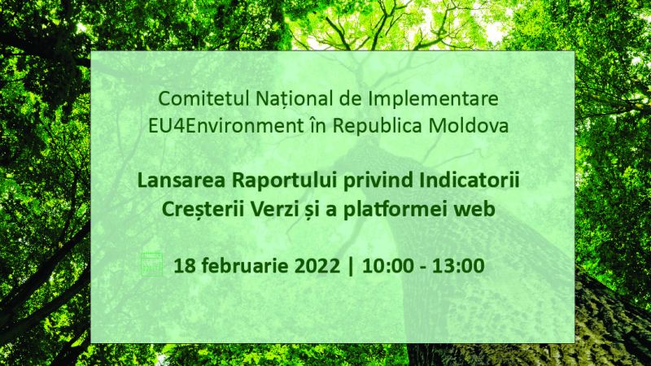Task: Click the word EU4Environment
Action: point(226,126)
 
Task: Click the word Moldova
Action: point(469,126)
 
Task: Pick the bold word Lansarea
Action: point(181,181)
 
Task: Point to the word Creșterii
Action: point(203,209)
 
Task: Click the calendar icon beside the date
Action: point(151,264)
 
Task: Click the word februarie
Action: point(244,265)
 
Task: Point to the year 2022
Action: point(317,266)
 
